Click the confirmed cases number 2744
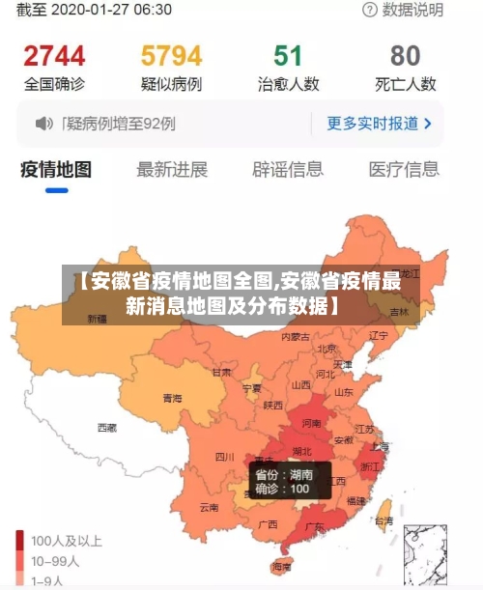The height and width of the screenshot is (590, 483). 54,55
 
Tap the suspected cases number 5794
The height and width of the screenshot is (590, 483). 171,55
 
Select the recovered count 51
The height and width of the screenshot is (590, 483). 288,55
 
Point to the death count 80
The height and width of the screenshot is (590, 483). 405,55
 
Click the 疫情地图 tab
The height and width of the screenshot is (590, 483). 56,170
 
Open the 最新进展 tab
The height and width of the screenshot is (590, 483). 172,170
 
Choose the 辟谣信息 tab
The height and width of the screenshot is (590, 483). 288,170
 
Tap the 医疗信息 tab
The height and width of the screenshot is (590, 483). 404,170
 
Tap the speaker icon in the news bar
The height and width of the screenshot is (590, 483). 43,124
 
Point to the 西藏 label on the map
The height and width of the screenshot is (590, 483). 107,427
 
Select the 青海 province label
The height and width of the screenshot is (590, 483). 172,398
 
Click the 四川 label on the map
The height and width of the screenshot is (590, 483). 224,456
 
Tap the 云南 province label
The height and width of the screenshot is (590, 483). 210,507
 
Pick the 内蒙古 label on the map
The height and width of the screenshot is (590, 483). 296,337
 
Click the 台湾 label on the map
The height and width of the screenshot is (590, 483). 384,520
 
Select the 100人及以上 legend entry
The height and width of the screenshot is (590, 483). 67,541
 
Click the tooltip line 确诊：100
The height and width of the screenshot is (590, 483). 281,490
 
